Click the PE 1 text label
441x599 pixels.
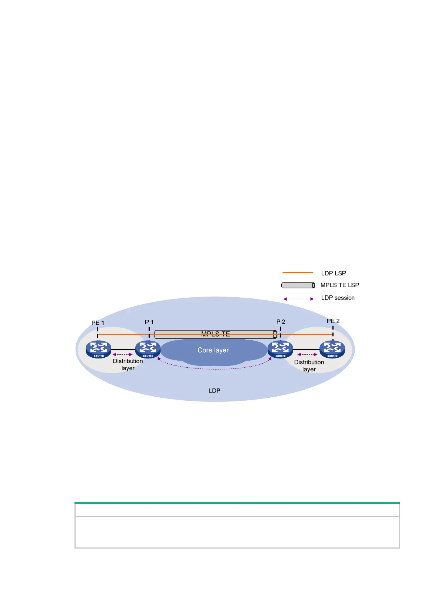[x=98, y=323]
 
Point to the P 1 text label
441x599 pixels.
[x=149, y=322]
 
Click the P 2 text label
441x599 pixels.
[x=281, y=322]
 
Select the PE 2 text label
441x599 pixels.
[x=333, y=321]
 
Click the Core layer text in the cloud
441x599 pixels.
[x=213, y=350]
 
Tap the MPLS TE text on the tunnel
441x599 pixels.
[x=215, y=334]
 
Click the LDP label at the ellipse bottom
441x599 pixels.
[x=214, y=391]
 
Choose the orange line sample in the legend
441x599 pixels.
[x=298, y=273]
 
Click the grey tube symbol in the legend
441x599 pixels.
[x=298, y=285]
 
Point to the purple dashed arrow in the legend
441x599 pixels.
[x=298, y=299]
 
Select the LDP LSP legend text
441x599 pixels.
[x=334, y=273]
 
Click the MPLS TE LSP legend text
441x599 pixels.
[x=339, y=285]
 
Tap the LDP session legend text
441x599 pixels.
[x=338, y=298]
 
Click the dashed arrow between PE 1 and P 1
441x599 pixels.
[x=122, y=354]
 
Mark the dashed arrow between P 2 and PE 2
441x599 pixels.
[x=307, y=354]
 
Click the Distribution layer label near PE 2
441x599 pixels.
[x=309, y=365]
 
